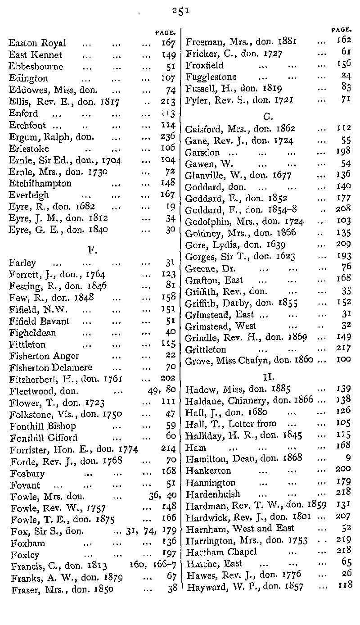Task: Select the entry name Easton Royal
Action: point(37,44)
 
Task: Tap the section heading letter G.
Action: point(267,118)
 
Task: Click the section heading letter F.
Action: point(93,249)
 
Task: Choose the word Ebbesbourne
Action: point(36,67)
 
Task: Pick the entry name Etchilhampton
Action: point(40,184)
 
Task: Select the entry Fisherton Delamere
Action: point(51,367)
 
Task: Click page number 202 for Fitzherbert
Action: point(167,379)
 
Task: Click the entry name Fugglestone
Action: point(211,77)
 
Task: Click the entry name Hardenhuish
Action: point(213,494)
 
